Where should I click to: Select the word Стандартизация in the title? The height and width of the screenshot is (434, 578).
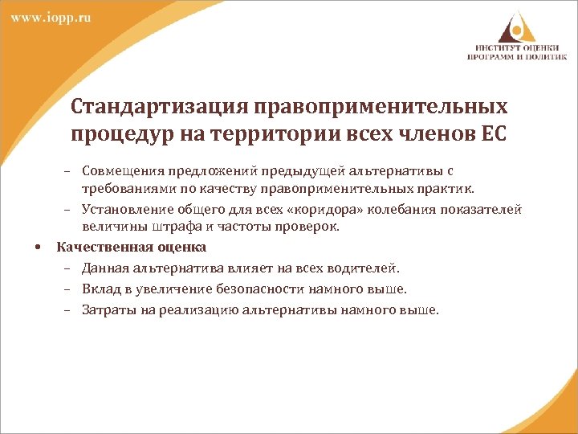[x=159, y=108]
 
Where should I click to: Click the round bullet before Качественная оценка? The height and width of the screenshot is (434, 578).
[x=39, y=248]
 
